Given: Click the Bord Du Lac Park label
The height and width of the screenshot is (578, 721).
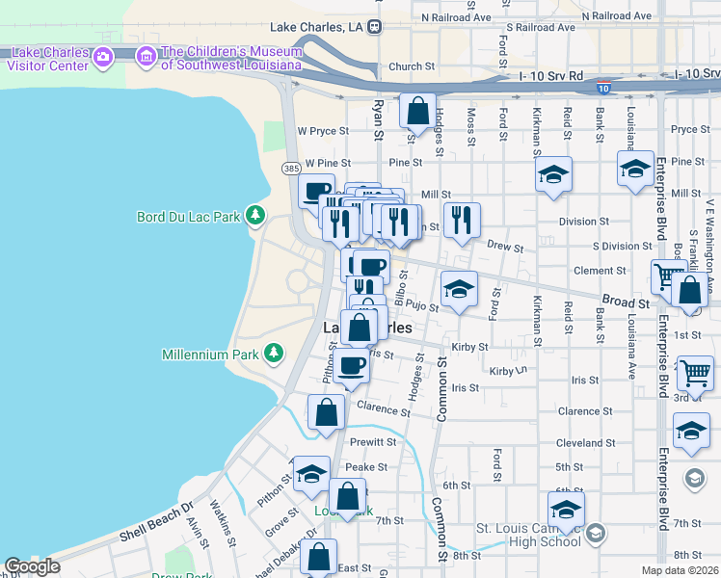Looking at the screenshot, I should (188, 217).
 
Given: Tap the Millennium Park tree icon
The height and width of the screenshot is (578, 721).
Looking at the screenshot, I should (274, 354).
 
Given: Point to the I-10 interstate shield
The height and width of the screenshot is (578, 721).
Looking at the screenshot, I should (602, 88).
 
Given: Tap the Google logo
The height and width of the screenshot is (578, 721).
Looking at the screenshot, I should (33, 566).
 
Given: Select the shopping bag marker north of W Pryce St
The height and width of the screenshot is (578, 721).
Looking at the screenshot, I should (417, 112).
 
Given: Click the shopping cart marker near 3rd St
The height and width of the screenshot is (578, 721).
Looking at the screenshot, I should (695, 374).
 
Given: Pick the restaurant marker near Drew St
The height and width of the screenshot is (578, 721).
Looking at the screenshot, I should (462, 221).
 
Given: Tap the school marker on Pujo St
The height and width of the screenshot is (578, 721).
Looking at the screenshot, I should (459, 289).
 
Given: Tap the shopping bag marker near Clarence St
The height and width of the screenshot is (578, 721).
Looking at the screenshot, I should (327, 412).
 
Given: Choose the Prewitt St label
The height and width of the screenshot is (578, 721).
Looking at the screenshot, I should (373, 442).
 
